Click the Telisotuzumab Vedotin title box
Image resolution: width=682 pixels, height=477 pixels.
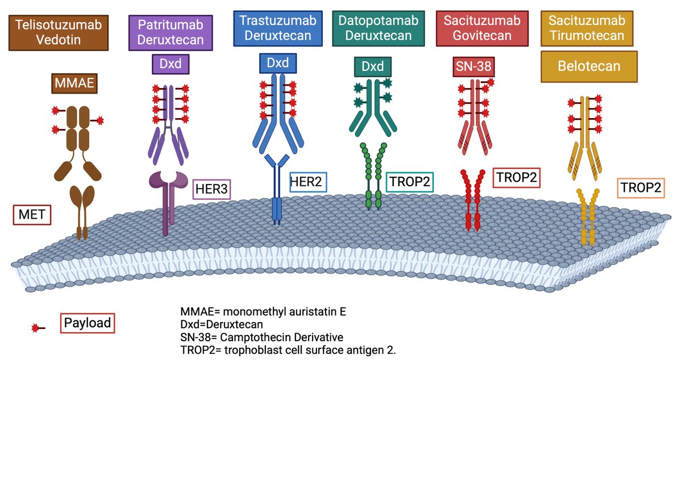59,33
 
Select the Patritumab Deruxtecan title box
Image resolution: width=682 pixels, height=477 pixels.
170,33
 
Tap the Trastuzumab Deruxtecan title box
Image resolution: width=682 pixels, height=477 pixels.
278,28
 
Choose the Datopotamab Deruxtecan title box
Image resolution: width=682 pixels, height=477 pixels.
379,28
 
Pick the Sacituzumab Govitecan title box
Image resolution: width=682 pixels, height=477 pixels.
482,28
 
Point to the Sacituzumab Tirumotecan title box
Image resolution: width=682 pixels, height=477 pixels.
587,28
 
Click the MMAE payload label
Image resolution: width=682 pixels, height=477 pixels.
74,83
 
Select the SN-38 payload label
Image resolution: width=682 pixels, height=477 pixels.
473,66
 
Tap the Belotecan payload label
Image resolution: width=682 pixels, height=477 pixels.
589,66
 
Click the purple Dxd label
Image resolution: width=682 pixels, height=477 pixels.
170,64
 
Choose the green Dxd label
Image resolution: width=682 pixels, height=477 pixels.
373,66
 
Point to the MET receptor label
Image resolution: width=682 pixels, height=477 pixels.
32,215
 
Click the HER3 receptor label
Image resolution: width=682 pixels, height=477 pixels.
211,189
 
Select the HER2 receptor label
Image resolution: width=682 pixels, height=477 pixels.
308,182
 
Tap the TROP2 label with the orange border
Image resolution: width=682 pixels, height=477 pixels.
641,188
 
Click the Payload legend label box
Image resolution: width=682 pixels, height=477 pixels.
88,323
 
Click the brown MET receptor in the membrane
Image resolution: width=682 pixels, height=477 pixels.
82,212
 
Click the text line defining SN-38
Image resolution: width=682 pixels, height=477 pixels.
261,337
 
